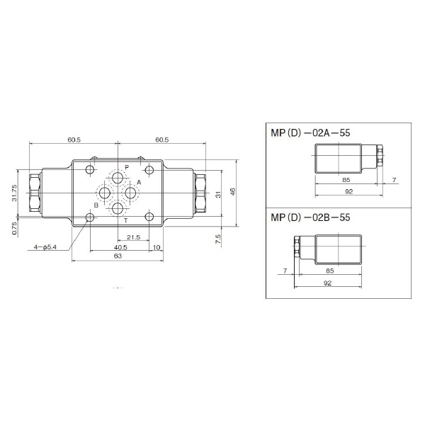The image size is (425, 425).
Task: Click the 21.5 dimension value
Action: [133, 237]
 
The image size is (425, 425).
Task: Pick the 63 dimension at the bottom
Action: [118, 256]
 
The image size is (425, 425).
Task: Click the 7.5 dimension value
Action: [219, 238]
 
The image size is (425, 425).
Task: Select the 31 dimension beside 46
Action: [219, 192]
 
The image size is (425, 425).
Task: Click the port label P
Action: [127, 166]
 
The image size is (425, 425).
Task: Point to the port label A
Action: [139, 183]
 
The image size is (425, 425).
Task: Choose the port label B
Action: [96, 205]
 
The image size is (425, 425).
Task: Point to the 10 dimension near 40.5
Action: [156, 247]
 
